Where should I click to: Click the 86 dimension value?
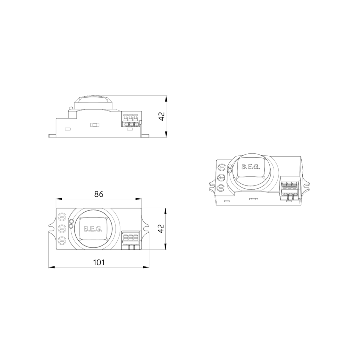pyautogui.click(x=99, y=194)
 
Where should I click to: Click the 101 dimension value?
pyautogui.click(x=99, y=262)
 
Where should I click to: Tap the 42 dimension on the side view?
pyautogui.click(x=162, y=116)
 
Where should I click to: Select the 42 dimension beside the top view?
pyautogui.click(x=162, y=229)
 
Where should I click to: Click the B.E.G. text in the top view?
pyautogui.click(x=93, y=229)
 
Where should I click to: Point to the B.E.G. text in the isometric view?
pyautogui.click(x=251, y=167)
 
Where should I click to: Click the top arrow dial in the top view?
pyautogui.click(x=62, y=216)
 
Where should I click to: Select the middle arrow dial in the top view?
pyautogui.click(x=62, y=229)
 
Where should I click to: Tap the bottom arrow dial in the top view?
pyautogui.click(x=62, y=240)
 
